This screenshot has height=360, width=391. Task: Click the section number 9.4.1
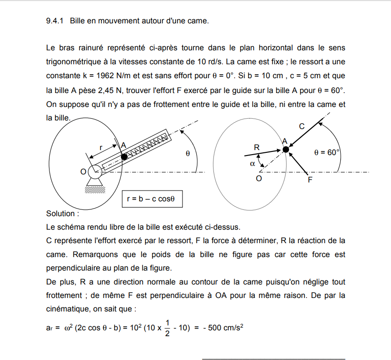click(56, 21)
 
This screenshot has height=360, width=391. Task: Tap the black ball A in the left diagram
click(124, 156)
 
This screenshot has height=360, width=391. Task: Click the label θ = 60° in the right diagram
click(327, 152)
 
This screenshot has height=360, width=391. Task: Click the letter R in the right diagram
click(257, 147)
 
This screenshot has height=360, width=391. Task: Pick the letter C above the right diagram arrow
click(302, 126)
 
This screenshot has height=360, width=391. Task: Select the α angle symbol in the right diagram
click(252, 164)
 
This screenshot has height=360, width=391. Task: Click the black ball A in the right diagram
click(285, 149)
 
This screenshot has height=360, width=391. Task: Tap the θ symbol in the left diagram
click(188, 154)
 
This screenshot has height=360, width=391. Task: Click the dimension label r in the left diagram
click(101, 147)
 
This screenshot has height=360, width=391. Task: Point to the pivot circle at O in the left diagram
click(95, 171)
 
